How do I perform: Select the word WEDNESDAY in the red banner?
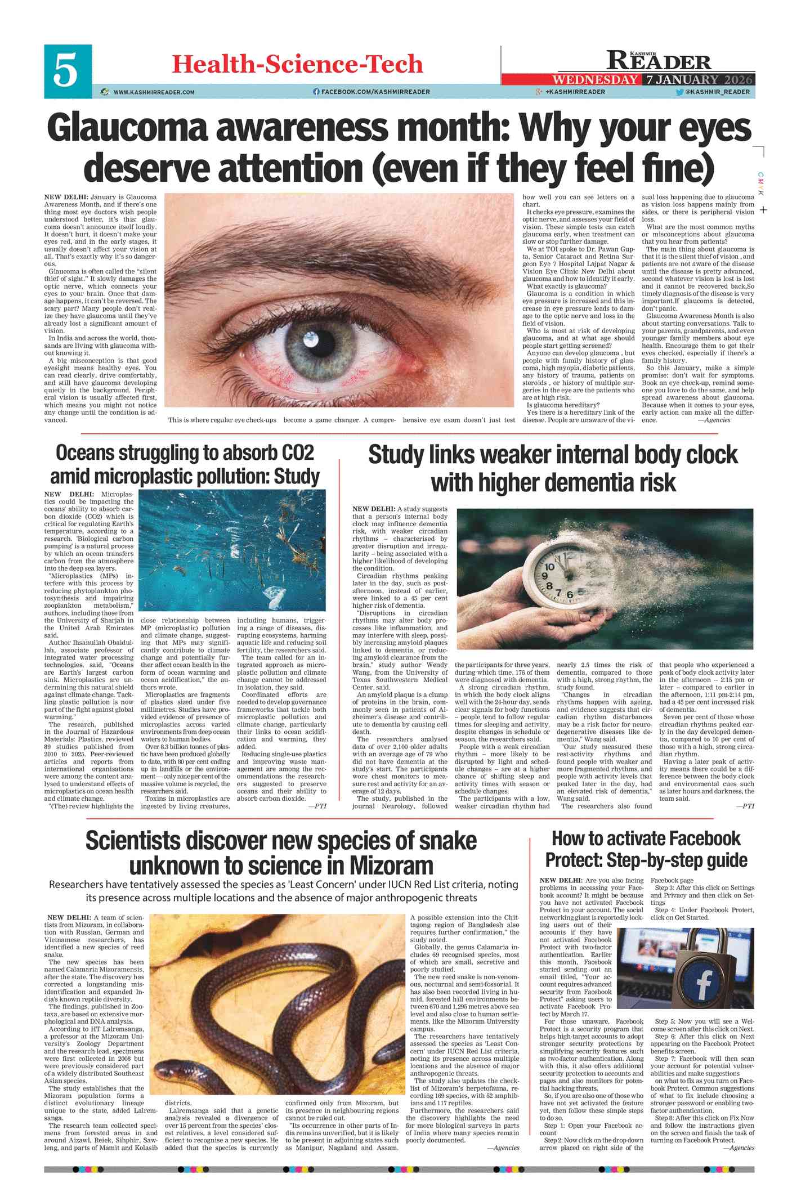[596, 79]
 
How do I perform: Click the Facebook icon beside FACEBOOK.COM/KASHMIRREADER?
[316, 92]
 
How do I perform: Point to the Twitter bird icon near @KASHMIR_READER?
[679, 92]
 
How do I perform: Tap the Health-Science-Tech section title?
[297, 64]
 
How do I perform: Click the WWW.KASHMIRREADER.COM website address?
[154, 92]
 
